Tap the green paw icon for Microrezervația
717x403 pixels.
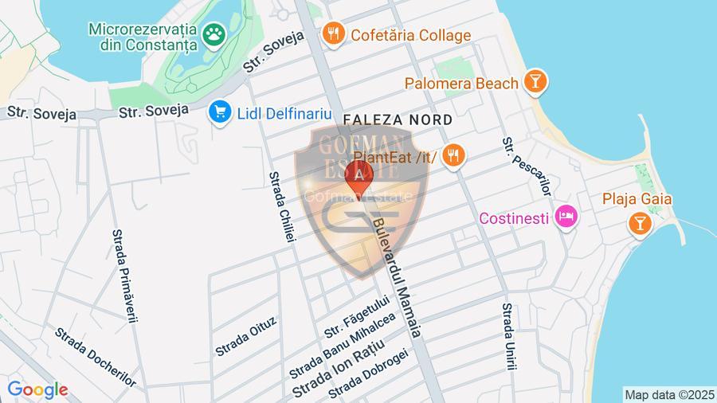(x=214, y=33)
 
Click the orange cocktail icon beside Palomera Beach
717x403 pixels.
(x=534, y=80)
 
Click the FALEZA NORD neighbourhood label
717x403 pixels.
(x=398, y=119)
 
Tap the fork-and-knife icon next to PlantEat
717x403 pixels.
(x=454, y=155)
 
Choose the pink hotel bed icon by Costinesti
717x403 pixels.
(x=566, y=216)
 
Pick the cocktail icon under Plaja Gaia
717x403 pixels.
(x=639, y=223)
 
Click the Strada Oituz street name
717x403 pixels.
(x=246, y=337)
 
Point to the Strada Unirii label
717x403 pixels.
(x=507, y=337)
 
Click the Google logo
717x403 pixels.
(x=37, y=390)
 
